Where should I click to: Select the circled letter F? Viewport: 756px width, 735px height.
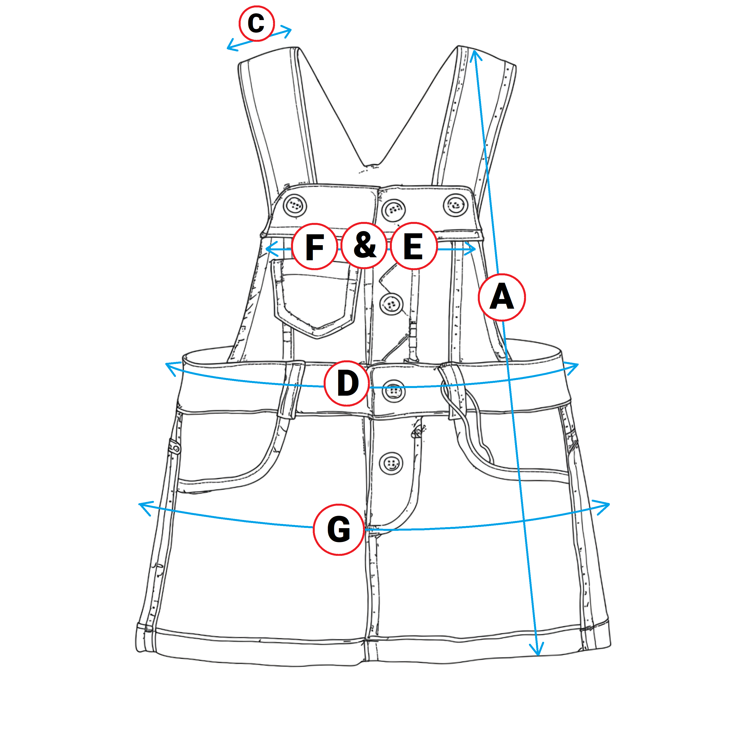(x=315, y=246)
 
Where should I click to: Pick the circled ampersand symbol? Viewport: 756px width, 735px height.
(x=364, y=245)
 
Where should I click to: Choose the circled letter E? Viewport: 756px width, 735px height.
(x=413, y=246)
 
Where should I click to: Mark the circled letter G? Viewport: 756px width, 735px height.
(x=338, y=529)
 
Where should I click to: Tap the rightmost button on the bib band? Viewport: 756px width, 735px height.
(x=456, y=205)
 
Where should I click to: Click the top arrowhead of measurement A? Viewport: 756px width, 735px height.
(x=475, y=54)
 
